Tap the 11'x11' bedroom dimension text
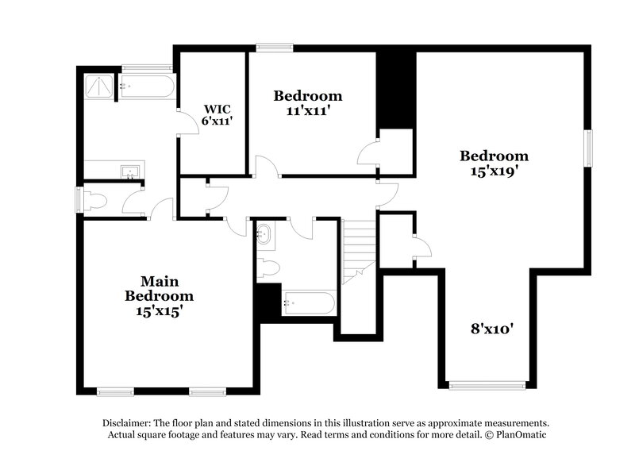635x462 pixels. (308, 112)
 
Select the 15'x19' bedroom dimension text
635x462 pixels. (494, 170)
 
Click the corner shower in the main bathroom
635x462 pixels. (101, 86)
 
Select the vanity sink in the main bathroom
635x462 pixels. (129, 170)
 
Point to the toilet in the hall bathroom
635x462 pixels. (267, 268)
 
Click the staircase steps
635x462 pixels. (357, 246)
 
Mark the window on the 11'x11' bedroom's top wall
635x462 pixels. (275, 48)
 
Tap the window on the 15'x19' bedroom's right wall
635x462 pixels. (589, 148)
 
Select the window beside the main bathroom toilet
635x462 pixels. (79, 199)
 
